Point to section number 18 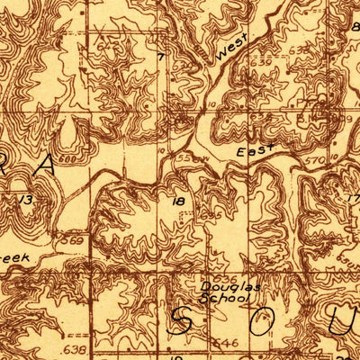pos(179,202)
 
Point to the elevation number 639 pos(346,118)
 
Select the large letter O pos(261,321)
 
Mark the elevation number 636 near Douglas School pos(209,216)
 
